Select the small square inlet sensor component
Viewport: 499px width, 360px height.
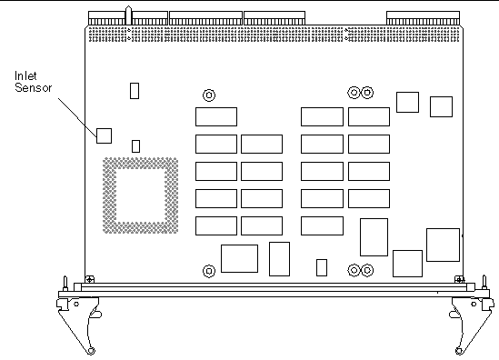pyautogui.click(x=105, y=135)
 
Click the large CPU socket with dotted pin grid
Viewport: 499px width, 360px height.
pyautogui.click(x=137, y=193)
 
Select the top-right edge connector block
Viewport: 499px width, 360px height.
pyautogui.click(x=416, y=17)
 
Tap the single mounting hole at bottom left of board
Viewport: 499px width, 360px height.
pyautogui.click(x=209, y=270)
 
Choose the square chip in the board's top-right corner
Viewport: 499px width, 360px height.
pyautogui.click(x=442, y=106)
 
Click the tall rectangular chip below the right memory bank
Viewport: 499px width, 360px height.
pyautogui.click(x=374, y=237)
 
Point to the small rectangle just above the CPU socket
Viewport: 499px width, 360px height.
pyautogui.click(x=136, y=145)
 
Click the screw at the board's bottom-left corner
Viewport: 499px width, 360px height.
pyautogui.click(x=88, y=279)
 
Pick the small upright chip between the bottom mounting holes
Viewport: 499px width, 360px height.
pyautogui.click(x=321, y=266)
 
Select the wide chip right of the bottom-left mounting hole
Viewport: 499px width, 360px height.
pyautogui.click(x=239, y=257)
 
